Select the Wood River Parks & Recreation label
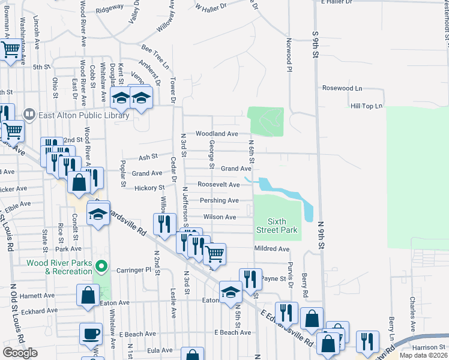pos(59,268)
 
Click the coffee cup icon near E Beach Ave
pos(91,334)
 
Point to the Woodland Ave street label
pos(217,134)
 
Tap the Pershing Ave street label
pos(219,200)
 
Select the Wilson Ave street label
pos(220,217)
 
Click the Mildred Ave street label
pos(271,249)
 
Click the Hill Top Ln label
pos(366,106)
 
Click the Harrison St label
pos(429,347)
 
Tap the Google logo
pos(20,353)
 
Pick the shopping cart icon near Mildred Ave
pos(214,253)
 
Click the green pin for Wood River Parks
pos(101,265)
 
